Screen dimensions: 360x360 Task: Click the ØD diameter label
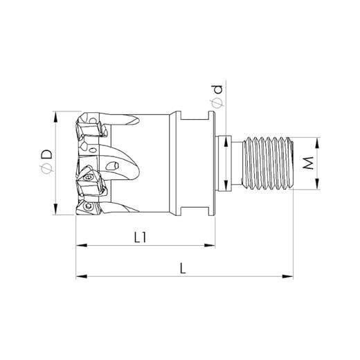(46, 163)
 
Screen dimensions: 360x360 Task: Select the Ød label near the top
(217, 96)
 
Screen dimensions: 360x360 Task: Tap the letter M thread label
(308, 163)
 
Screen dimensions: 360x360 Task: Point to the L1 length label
(140, 237)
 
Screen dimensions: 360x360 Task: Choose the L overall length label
(183, 269)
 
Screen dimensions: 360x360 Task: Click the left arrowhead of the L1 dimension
(82, 245)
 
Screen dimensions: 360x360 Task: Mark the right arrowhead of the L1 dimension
(209, 245)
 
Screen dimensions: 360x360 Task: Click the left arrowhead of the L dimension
(82, 276)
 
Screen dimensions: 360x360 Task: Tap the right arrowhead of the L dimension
(287, 276)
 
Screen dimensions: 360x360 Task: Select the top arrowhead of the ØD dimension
(55, 117)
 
